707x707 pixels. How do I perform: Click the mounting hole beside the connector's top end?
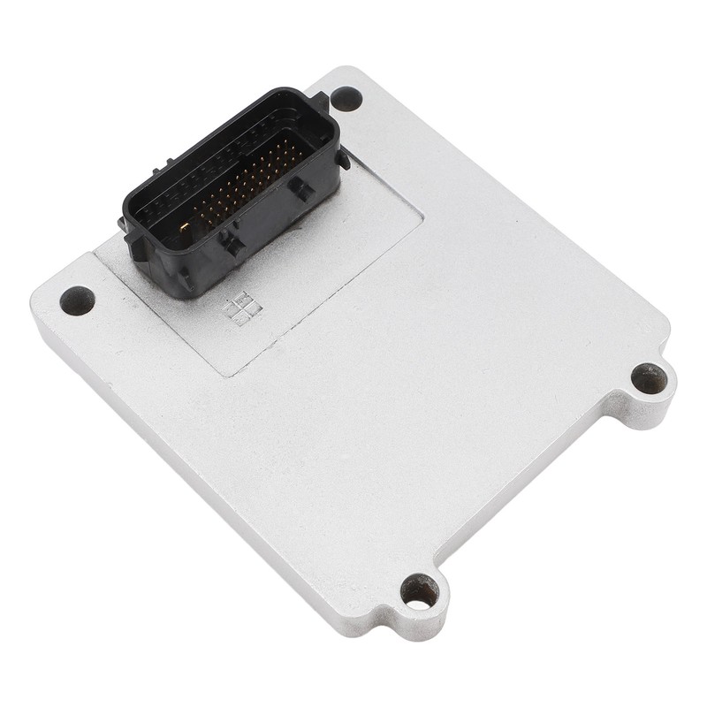pos(346,98)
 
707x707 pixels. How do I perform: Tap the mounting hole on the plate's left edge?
pos(77,300)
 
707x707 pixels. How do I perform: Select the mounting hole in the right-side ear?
pos(649,379)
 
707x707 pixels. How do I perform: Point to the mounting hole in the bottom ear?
pos(419,591)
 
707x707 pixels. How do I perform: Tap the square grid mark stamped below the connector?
pos(242,307)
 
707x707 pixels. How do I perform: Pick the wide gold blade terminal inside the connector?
pos(185,228)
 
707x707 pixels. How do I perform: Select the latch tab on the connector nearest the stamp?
pos(233,243)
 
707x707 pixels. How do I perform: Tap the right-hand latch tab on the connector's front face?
pos(300,188)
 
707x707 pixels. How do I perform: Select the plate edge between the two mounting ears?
pos(530,495)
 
